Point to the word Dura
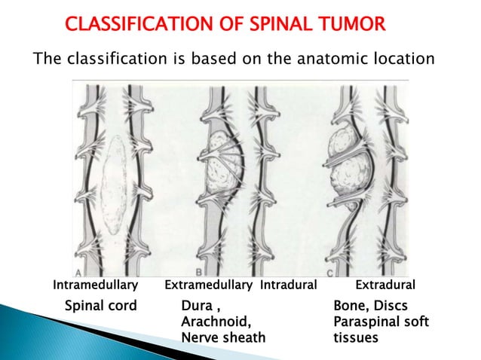198,307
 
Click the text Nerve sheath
223,337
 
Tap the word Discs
391,307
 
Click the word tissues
356,338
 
